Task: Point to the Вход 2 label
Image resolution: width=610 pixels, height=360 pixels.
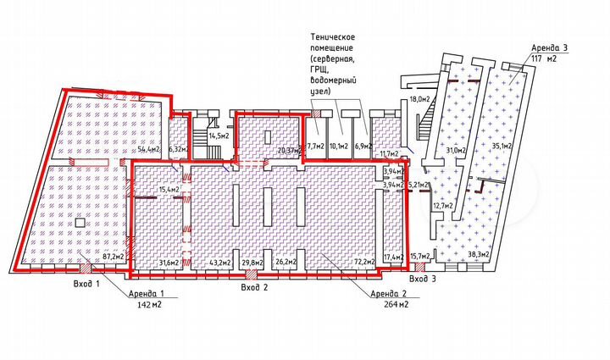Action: coord(255,288)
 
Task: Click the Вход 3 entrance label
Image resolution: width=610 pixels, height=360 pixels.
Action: coord(422,278)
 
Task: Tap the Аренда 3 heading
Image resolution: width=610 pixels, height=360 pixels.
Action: coord(552,47)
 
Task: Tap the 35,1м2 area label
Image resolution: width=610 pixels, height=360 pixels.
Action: coord(502,145)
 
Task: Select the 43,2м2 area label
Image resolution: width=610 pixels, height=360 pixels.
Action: coord(219,262)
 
